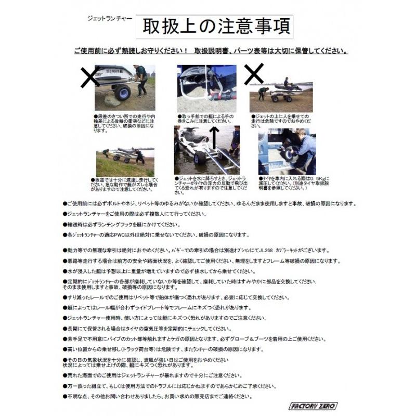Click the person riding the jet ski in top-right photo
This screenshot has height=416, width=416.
[286, 82]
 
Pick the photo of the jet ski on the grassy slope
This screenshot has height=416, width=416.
[125, 162]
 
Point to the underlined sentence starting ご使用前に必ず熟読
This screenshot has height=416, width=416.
[211, 52]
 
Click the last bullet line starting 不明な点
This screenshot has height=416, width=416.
[158, 396]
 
